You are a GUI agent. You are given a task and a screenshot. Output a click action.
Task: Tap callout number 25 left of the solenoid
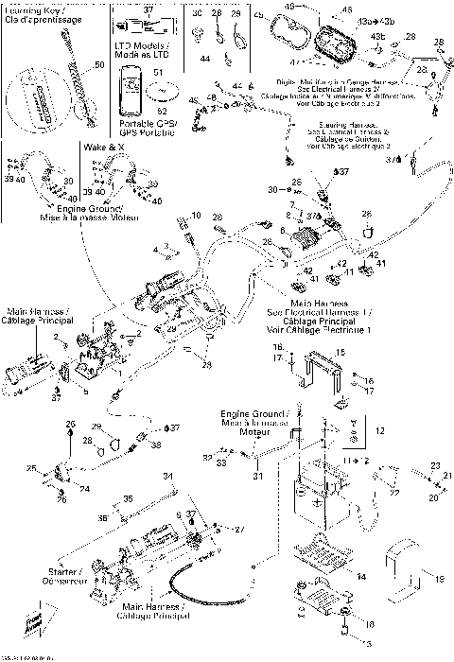(30, 468)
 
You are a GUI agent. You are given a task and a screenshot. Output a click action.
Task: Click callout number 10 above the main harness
(195, 217)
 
